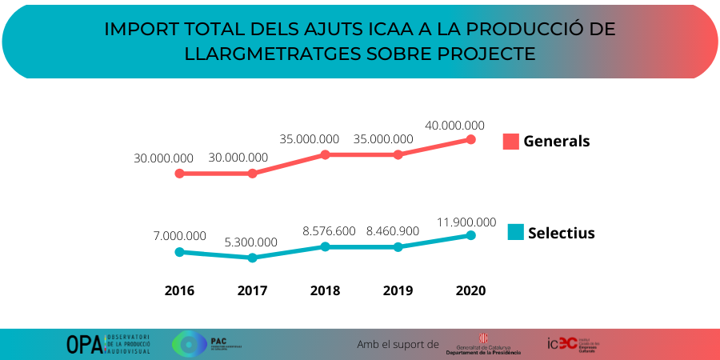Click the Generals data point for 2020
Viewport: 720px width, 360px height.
pyautogui.click(x=470, y=139)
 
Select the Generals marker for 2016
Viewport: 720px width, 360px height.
pyautogui.click(x=179, y=173)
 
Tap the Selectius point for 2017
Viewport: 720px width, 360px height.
pyautogui.click(x=252, y=258)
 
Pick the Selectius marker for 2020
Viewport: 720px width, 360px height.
pyautogui.click(x=470, y=235)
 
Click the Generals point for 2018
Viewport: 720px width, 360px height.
pyautogui.click(x=325, y=154)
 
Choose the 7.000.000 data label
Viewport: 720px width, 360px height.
pyautogui.click(x=179, y=236)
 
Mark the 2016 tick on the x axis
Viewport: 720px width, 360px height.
pyautogui.click(x=179, y=290)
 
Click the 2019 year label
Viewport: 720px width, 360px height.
pyautogui.click(x=398, y=290)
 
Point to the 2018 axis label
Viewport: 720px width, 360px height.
pyautogui.click(x=325, y=290)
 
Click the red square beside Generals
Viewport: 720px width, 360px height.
pyautogui.click(x=510, y=142)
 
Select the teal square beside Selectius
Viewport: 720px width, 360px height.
pyautogui.click(x=516, y=233)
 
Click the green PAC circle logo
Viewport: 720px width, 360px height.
pyautogui.click(x=189, y=344)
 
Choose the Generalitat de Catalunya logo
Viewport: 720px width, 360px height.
pyautogui.click(x=483, y=345)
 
